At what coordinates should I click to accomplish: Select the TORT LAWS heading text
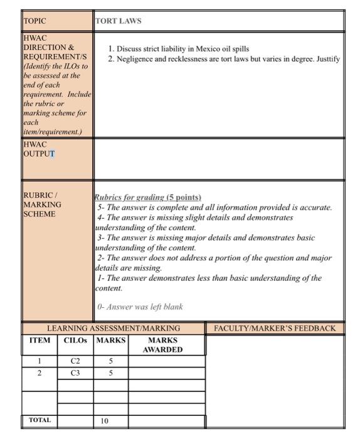119,21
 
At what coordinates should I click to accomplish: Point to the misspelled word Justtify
326,59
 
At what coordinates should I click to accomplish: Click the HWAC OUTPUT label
38,149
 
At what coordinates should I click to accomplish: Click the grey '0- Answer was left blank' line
140,307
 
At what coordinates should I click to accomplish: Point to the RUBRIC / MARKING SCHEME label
42,204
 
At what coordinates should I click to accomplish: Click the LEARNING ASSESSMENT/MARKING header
114,328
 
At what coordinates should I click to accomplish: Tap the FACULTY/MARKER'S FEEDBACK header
275,328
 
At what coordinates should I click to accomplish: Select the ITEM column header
40,341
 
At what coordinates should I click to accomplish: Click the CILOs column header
75,341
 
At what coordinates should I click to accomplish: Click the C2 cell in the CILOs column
75,361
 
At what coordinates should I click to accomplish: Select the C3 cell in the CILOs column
75,373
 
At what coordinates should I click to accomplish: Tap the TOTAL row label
40,420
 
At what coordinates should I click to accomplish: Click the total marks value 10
104,421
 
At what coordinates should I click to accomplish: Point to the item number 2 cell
39,373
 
